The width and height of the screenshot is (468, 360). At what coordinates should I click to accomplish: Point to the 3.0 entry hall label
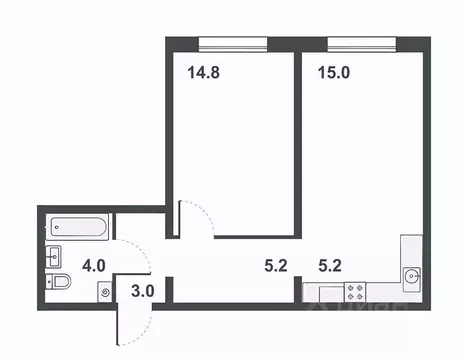coord(143,293)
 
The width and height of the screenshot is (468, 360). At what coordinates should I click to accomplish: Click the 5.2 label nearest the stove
coord(330,266)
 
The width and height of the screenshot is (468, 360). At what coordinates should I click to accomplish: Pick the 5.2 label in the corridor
coord(274,266)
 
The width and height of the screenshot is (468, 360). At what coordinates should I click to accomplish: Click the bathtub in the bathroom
coord(78,227)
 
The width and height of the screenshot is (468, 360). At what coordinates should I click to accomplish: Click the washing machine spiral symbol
coord(106,293)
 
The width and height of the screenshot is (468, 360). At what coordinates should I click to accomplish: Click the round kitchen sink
coord(412,274)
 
